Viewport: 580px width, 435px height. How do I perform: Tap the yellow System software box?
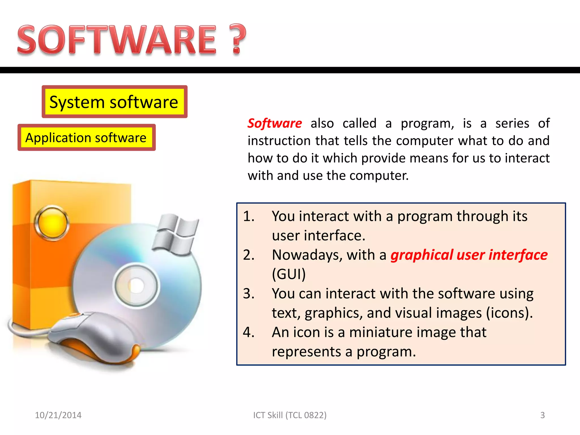tap(114, 102)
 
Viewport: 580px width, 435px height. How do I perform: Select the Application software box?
tap(86, 138)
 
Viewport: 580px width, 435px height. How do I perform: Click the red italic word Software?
tap(274, 123)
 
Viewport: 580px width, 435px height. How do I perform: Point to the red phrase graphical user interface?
tap(469, 255)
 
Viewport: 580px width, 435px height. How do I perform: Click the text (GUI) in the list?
tap(289, 274)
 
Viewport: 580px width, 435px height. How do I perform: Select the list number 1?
tap(248, 216)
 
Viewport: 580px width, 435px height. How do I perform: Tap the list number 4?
tap(248, 332)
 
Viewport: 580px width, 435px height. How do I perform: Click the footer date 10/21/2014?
tap(58, 415)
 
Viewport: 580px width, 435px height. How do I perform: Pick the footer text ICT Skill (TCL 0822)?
tap(290, 415)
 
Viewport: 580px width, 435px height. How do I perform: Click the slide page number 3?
tap(542, 415)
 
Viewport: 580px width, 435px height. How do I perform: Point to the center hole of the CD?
tap(137, 285)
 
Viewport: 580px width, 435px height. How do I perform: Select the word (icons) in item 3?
tap(509, 313)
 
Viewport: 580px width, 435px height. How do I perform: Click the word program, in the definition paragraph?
tap(427, 123)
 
